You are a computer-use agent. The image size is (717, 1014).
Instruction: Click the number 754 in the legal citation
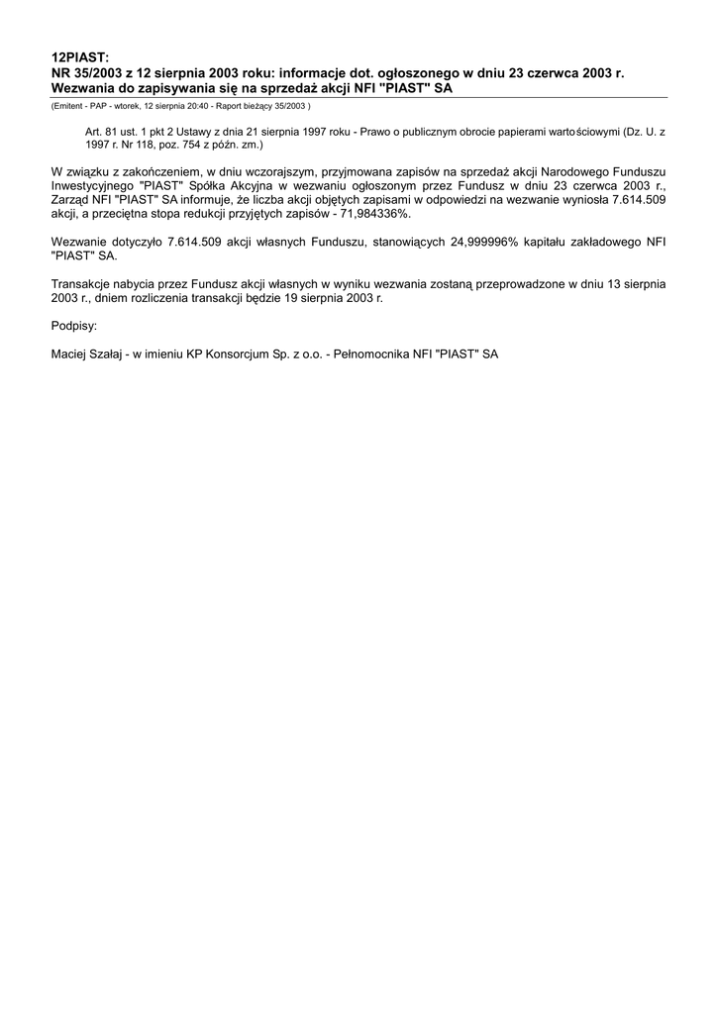[x=189, y=144]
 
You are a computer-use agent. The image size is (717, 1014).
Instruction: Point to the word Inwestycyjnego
[x=93, y=185]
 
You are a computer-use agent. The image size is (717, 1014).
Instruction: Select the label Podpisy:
[x=74, y=325]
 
